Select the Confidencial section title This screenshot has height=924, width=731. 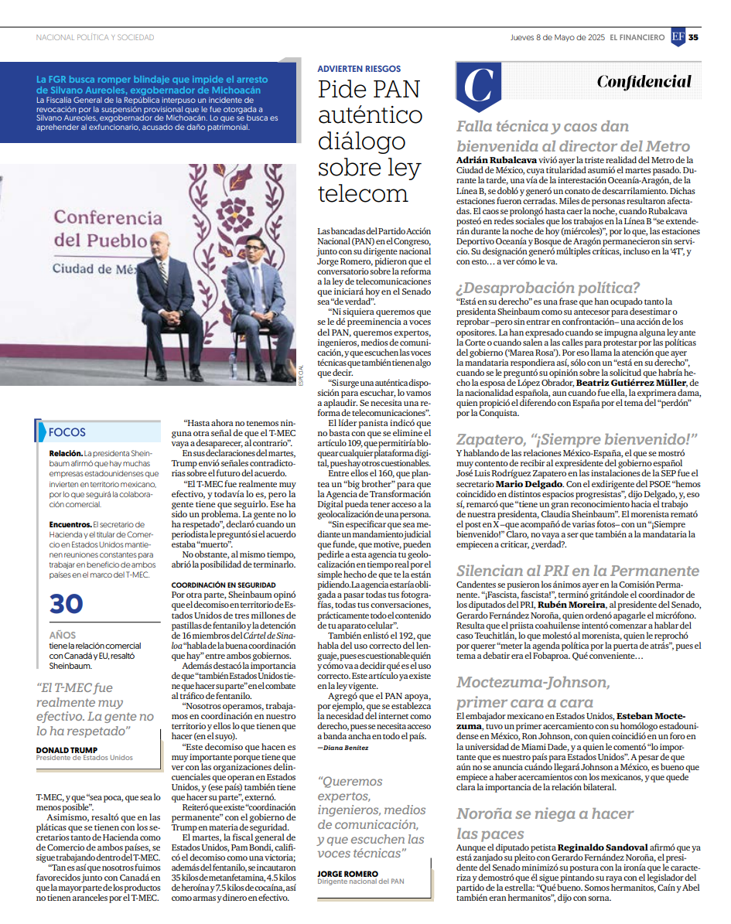[644, 82]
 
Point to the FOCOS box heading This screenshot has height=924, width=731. [67, 432]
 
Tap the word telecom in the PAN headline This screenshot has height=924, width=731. [363, 193]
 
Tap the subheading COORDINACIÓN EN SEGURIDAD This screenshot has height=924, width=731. [223, 585]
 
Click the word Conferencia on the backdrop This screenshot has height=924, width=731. [101, 219]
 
